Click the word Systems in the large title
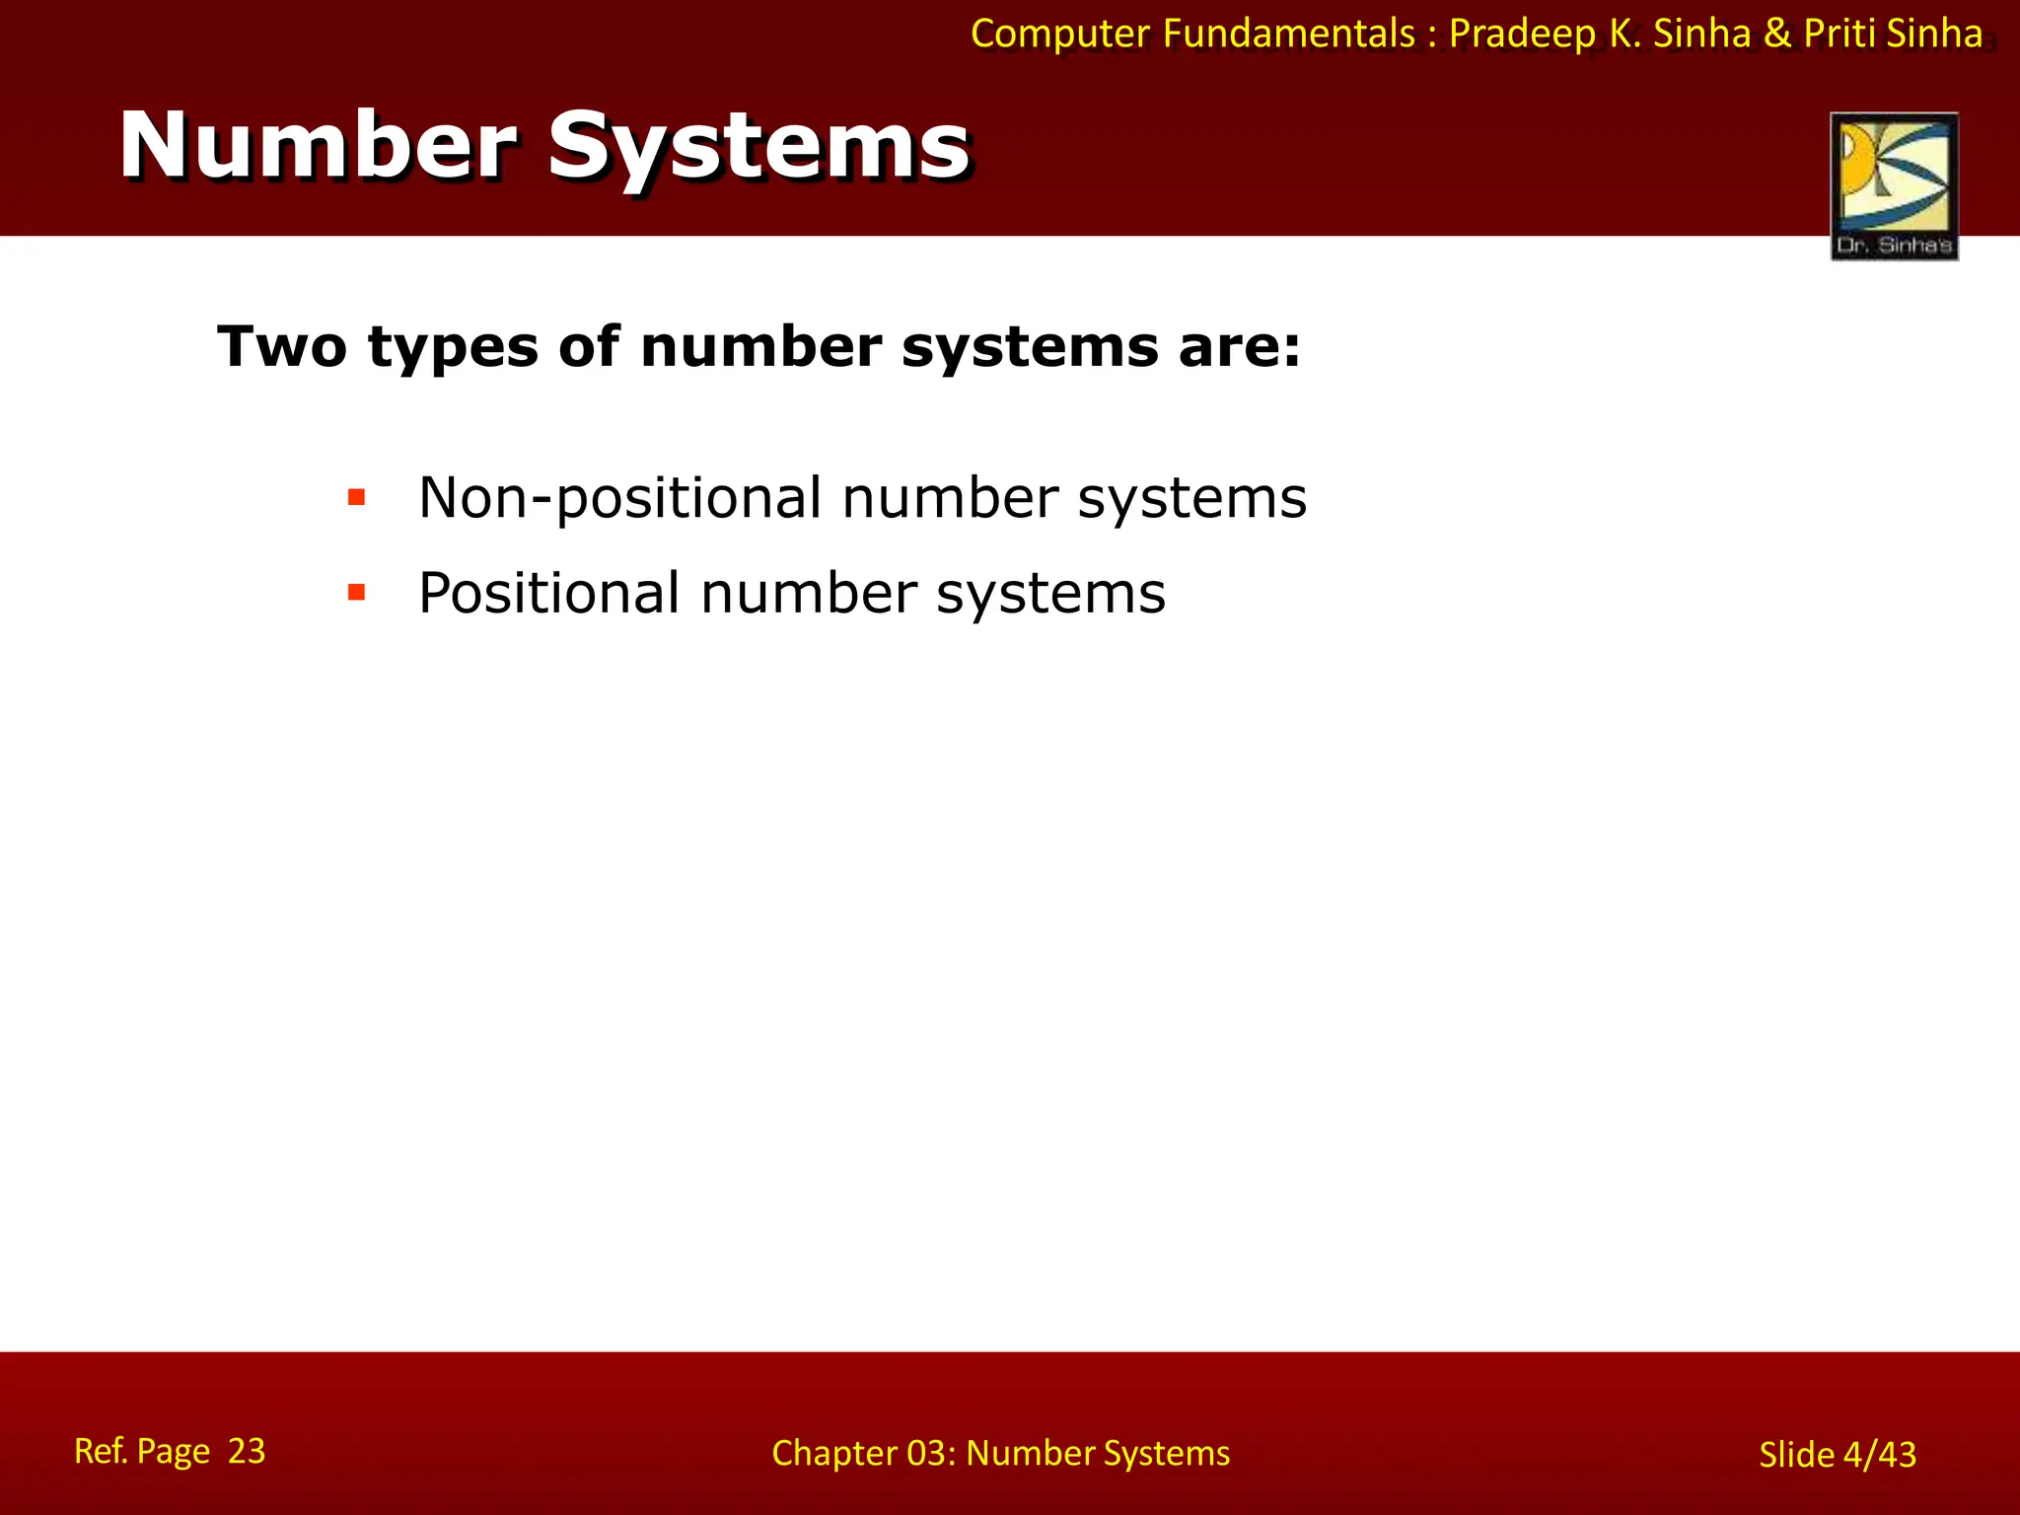pyautogui.click(x=758, y=148)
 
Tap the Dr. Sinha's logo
pyautogui.click(x=1894, y=186)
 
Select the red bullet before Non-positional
pyautogui.click(x=357, y=497)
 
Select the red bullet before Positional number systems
pyautogui.click(x=357, y=593)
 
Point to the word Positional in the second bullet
pyautogui.click(x=548, y=593)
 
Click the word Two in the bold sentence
pyautogui.click(x=282, y=347)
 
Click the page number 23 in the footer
pyautogui.click(x=247, y=1451)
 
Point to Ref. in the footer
pyautogui.click(x=101, y=1451)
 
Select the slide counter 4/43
pyautogui.click(x=1879, y=1455)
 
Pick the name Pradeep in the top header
pyautogui.click(x=1522, y=35)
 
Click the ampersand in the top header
pyautogui.click(x=1777, y=35)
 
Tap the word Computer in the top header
pyautogui.click(x=1061, y=35)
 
